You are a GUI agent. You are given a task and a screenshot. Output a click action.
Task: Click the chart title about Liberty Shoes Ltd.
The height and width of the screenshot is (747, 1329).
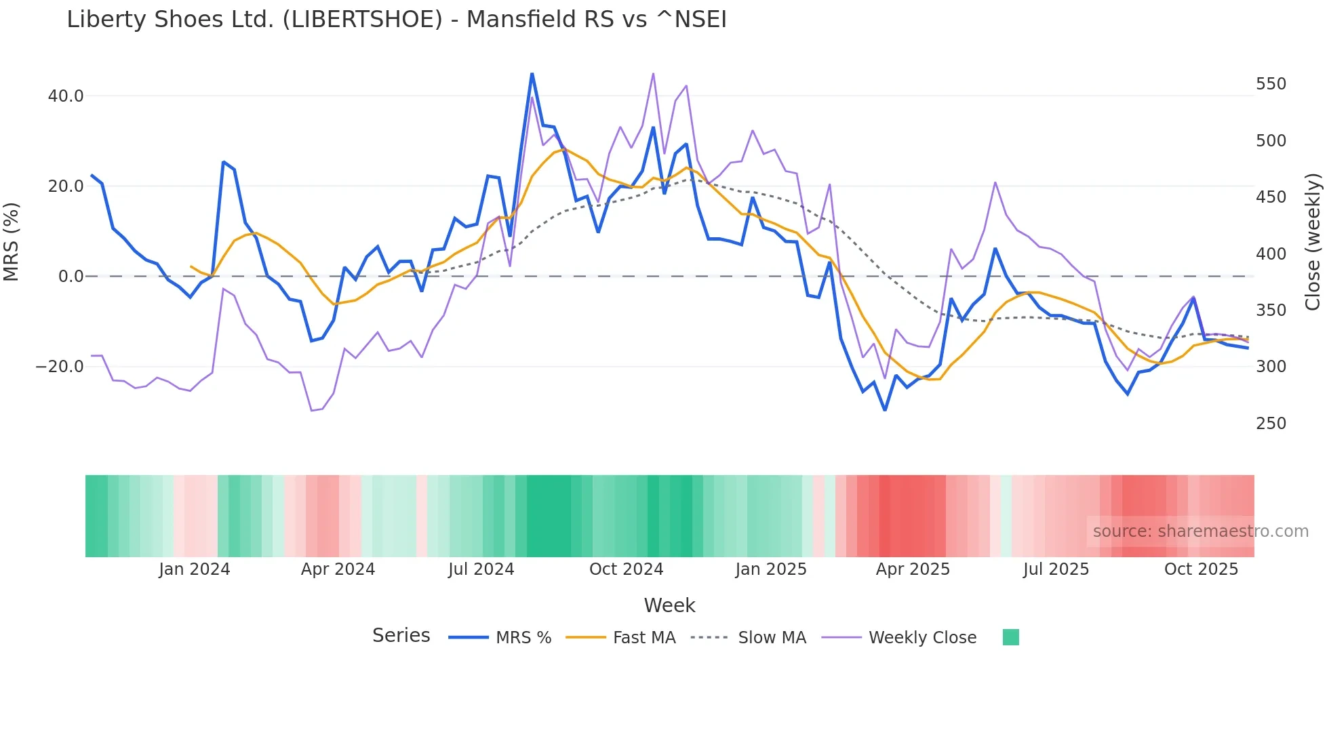coord(397,20)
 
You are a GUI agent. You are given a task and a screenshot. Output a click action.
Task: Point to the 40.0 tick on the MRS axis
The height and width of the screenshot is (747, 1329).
coord(66,96)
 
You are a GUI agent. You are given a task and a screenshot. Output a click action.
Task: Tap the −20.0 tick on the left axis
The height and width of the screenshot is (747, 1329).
coord(60,367)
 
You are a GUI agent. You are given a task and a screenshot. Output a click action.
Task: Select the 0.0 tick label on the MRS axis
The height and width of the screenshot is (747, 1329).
coord(71,277)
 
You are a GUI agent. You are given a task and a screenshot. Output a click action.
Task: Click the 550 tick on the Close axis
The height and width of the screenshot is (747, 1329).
coord(1271,84)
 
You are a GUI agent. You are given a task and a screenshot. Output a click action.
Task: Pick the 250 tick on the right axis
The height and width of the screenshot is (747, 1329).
coord(1271,424)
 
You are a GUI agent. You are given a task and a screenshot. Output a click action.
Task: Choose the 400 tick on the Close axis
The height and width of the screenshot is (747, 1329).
coord(1271,254)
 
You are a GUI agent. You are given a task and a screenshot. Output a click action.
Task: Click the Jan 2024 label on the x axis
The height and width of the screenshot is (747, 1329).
coord(195,569)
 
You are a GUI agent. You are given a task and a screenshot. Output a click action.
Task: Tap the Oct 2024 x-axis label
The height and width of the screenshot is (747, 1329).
coord(626,569)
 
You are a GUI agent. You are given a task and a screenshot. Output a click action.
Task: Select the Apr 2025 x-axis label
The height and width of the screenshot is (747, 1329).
coord(913,569)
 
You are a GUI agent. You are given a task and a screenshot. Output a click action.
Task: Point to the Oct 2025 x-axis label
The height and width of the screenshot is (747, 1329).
coord(1201,569)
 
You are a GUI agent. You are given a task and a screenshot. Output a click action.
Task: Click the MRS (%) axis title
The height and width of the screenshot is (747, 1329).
coord(12,241)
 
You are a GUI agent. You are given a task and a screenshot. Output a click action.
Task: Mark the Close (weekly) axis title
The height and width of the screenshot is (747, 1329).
coord(1313,241)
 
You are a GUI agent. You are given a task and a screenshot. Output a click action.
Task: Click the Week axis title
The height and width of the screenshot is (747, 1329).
coord(669,605)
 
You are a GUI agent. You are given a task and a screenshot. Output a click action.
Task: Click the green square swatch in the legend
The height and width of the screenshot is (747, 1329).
coord(1010,637)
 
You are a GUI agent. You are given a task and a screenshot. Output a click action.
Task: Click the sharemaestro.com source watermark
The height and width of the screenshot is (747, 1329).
coord(1200,531)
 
